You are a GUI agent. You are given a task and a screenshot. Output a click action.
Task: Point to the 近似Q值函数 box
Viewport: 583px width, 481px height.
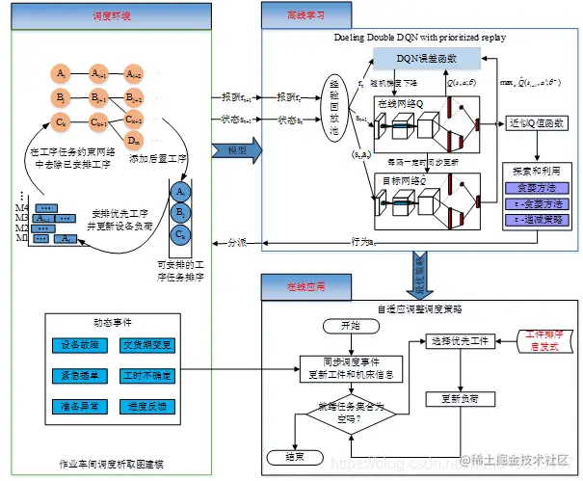(x=536, y=124)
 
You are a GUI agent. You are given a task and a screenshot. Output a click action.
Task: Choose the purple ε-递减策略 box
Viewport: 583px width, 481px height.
(x=535, y=220)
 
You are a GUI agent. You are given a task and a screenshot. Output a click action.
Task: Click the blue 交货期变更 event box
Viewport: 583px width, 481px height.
(x=146, y=345)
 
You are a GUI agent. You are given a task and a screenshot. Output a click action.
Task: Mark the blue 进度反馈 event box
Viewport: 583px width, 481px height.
(x=146, y=407)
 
